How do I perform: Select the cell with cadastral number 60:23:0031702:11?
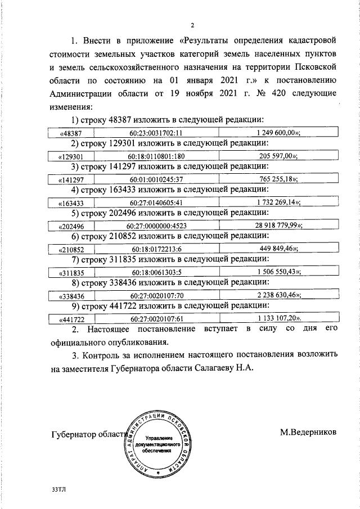tap(155, 133)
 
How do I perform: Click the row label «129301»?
tap(71, 156)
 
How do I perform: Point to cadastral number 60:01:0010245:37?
tap(155, 179)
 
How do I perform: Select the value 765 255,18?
tap(278, 179)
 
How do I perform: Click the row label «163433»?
tap(71, 203)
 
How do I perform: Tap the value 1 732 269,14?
tap(278, 202)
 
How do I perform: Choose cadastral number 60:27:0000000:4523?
tap(155, 226)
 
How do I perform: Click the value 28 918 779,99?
tap(278, 226)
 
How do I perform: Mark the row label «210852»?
tap(71, 249)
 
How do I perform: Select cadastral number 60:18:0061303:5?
tap(155, 272)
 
